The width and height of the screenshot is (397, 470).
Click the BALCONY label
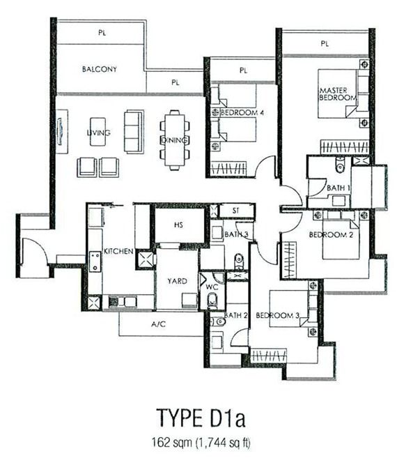tap(100, 69)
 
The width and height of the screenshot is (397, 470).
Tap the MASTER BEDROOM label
tap(338, 94)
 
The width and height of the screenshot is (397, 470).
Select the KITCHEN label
tap(118, 251)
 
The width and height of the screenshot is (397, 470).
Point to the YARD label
tap(177, 281)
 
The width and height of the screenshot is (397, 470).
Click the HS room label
tap(178, 225)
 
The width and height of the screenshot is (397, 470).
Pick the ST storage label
tap(236, 211)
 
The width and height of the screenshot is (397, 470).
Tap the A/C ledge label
tap(158, 324)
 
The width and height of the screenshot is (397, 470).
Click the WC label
tap(212, 287)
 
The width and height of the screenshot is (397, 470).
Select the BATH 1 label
tap(338, 188)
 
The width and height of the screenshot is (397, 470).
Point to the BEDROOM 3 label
tap(277, 315)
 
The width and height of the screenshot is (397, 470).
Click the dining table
tap(175, 140)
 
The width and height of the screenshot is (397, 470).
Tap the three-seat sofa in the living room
tap(134, 132)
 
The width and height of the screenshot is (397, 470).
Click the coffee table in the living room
tap(98, 132)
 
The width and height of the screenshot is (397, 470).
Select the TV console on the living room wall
tap(62, 131)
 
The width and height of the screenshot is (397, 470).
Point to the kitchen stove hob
tap(95, 261)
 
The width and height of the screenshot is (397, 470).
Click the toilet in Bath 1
tap(340, 165)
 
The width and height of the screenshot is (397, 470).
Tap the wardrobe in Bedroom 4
tap(228, 169)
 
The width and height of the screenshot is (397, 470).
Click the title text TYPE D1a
tap(201, 418)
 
